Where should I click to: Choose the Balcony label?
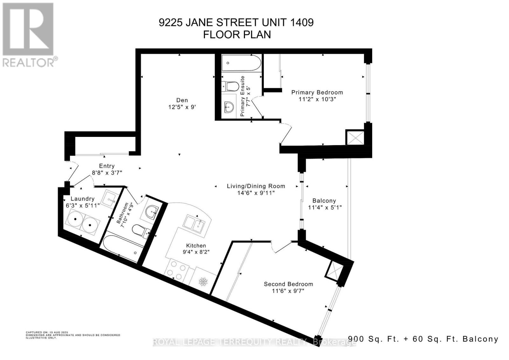click(x=324, y=201)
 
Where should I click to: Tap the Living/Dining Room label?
click(x=256, y=186)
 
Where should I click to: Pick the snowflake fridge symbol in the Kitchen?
click(x=203, y=281)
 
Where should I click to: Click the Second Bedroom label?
click(x=288, y=284)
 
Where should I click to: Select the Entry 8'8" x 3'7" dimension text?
click(x=107, y=173)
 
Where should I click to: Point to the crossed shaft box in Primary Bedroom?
click(x=355, y=138)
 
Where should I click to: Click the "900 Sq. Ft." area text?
click(x=373, y=339)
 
